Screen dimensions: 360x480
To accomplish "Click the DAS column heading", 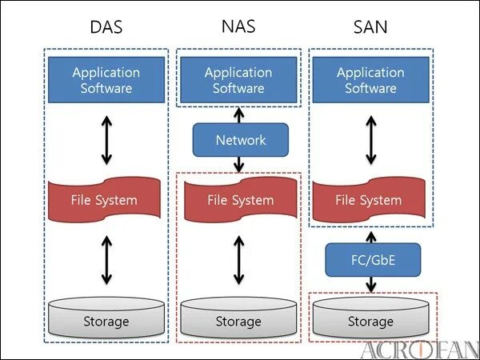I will click(x=106, y=27).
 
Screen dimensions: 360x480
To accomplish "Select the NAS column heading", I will click(x=238, y=27).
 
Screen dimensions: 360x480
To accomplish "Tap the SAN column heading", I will click(x=370, y=27).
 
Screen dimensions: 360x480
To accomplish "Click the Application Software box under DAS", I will click(x=106, y=80).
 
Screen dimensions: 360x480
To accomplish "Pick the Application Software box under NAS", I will click(x=238, y=80).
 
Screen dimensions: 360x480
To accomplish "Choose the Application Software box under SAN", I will click(x=370, y=80).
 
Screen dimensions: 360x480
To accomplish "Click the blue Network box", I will click(x=240, y=140).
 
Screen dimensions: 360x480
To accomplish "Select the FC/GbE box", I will click(x=372, y=260).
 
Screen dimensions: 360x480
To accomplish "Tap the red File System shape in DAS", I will click(x=106, y=200).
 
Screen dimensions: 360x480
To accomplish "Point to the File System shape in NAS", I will click(x=238, y=200).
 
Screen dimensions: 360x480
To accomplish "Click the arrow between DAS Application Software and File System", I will click(x=106, y=142).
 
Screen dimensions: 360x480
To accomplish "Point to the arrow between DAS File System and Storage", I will click(x=106, y=259).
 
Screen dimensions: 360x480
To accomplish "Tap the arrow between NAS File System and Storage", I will click(x=238, y=259).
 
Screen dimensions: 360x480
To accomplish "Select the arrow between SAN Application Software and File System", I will click(x=370, y=142).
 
